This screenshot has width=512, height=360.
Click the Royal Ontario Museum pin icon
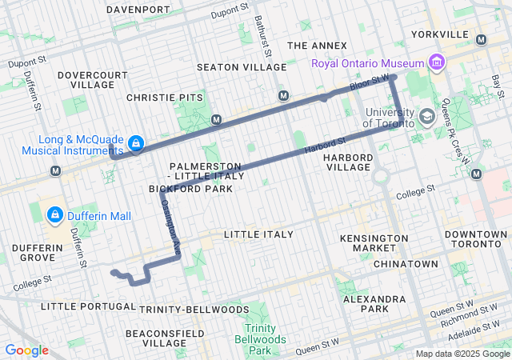pyautogui.click(x=436, y=62)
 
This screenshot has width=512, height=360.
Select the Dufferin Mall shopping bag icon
pyautogui.click(x=54, y=215)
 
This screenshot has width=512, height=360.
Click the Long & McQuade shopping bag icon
pyautogui.click(x=136, y=144)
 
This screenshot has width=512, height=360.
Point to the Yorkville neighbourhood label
pyautogui.click(x=439, y=34)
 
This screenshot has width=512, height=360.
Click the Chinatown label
pyautogui.click(x=406, y=264)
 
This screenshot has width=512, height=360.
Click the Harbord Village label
pyautogui.click(x=348, y=162)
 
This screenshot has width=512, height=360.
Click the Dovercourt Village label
pyautogui.click(x=93, y=79)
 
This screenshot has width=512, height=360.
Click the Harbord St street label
pyautogui.click(x=323, y=146)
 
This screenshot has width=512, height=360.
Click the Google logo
pyautogui.click(x=26, y=350)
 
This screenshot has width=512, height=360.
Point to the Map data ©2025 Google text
pyautogui.click(x=462, y=354)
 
